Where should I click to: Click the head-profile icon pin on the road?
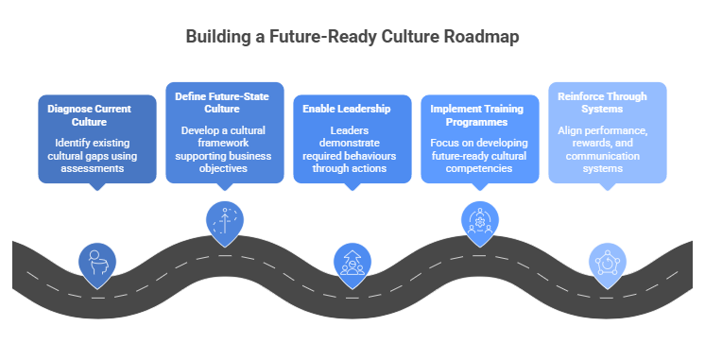[x=95, y=262]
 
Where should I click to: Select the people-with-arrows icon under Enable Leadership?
[x=352, y=262]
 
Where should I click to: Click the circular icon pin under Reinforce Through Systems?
[x=607, y=262]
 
